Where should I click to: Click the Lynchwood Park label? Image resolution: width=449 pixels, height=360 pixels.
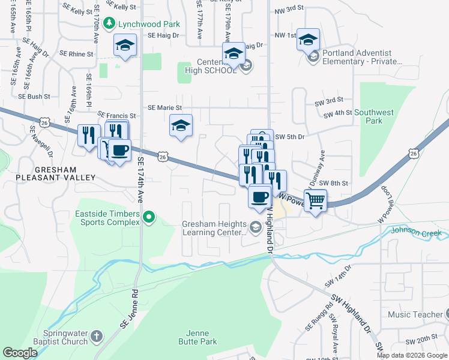click(x=141, y=23)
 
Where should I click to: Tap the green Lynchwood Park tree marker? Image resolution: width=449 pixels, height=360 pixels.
click(x=109, y=23)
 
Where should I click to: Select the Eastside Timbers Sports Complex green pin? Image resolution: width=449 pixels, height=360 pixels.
click(x=149, y=217)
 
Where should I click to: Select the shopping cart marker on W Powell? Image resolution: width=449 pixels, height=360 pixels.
click(x=315, y=200)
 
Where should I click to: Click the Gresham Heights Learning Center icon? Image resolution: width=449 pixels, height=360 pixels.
click(x=256, y=227)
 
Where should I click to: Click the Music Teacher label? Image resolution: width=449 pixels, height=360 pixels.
click(x=415, y=314)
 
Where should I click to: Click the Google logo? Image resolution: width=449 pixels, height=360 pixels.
click(x=20, y=353)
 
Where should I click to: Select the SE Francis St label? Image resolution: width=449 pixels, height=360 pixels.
click(x=116, y=115)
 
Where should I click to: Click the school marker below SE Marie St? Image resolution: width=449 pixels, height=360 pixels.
click(x=181, y=126)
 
